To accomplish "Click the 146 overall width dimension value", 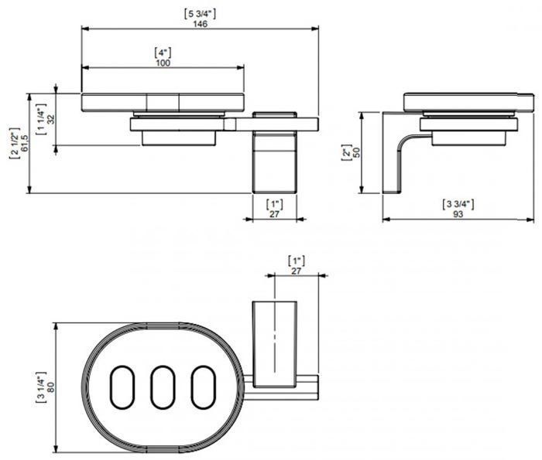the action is (x=200, y=24).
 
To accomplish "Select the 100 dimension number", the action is (x=163, y=63).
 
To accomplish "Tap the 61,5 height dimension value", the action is (x=24, y=142).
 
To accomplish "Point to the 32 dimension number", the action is (x=51, y=119).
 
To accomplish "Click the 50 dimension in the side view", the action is (x=356, y=152).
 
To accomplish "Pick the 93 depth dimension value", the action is (x=458, y=214).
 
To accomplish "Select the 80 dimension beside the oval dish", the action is (x=51, y=387).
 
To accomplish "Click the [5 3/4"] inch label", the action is (x=201, y=14).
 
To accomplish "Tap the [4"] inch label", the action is (x=163, y=53).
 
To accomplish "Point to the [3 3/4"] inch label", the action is (x=458, y=204).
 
